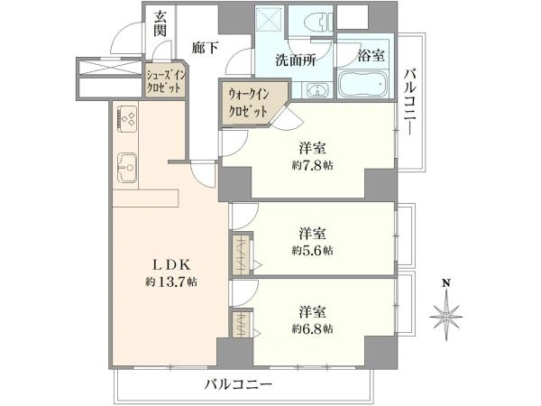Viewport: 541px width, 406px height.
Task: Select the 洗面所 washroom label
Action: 295,64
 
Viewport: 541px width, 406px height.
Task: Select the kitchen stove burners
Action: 126,118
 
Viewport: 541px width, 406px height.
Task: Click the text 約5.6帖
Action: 312,250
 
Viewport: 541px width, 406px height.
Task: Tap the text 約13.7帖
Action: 171,281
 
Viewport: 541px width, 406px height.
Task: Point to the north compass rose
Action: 446,318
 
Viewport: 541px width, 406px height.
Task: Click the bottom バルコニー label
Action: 237,384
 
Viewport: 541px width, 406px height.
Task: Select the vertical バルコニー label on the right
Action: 410,102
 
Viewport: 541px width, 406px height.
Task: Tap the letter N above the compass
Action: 446,282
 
